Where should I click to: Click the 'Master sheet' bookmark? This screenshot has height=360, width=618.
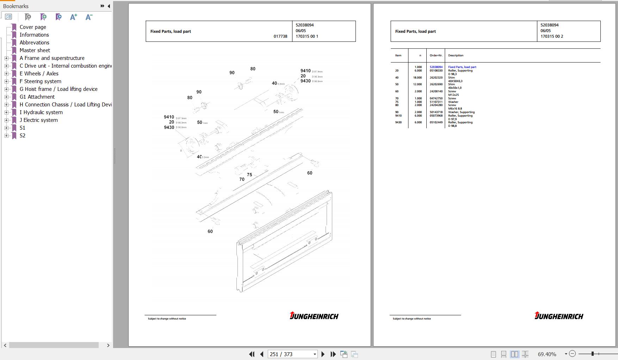coord(35,50)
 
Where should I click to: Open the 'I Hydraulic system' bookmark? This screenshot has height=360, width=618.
coord(41,112)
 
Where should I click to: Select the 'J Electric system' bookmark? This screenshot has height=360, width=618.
coord(38,120)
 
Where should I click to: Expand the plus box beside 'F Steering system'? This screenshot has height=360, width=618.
coord(6,81)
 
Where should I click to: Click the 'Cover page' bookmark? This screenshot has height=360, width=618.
coord(33,27)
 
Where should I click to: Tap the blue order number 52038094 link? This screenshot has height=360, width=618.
coord(436,67)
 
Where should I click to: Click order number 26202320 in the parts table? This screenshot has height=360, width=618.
coord(436,77)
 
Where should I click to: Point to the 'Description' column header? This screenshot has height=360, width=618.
coord(456,55)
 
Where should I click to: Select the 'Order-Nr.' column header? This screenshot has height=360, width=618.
coord(436,55)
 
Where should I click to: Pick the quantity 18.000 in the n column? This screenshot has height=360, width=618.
coord(418,77)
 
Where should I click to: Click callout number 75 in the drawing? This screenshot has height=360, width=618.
coord(249,175)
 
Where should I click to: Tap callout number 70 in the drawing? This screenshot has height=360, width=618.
coord(242,179)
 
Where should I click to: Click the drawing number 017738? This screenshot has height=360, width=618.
coord(280,36)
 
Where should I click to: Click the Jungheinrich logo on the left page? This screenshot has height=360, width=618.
coord(314,316)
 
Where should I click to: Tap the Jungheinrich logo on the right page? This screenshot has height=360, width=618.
coord(558,316)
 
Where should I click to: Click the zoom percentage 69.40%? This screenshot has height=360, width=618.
coord(547,354)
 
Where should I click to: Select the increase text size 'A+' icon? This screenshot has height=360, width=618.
coord(73,17)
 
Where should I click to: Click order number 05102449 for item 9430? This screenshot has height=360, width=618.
coord(436,122)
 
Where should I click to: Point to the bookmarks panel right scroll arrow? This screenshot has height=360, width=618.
coord(108,345)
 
